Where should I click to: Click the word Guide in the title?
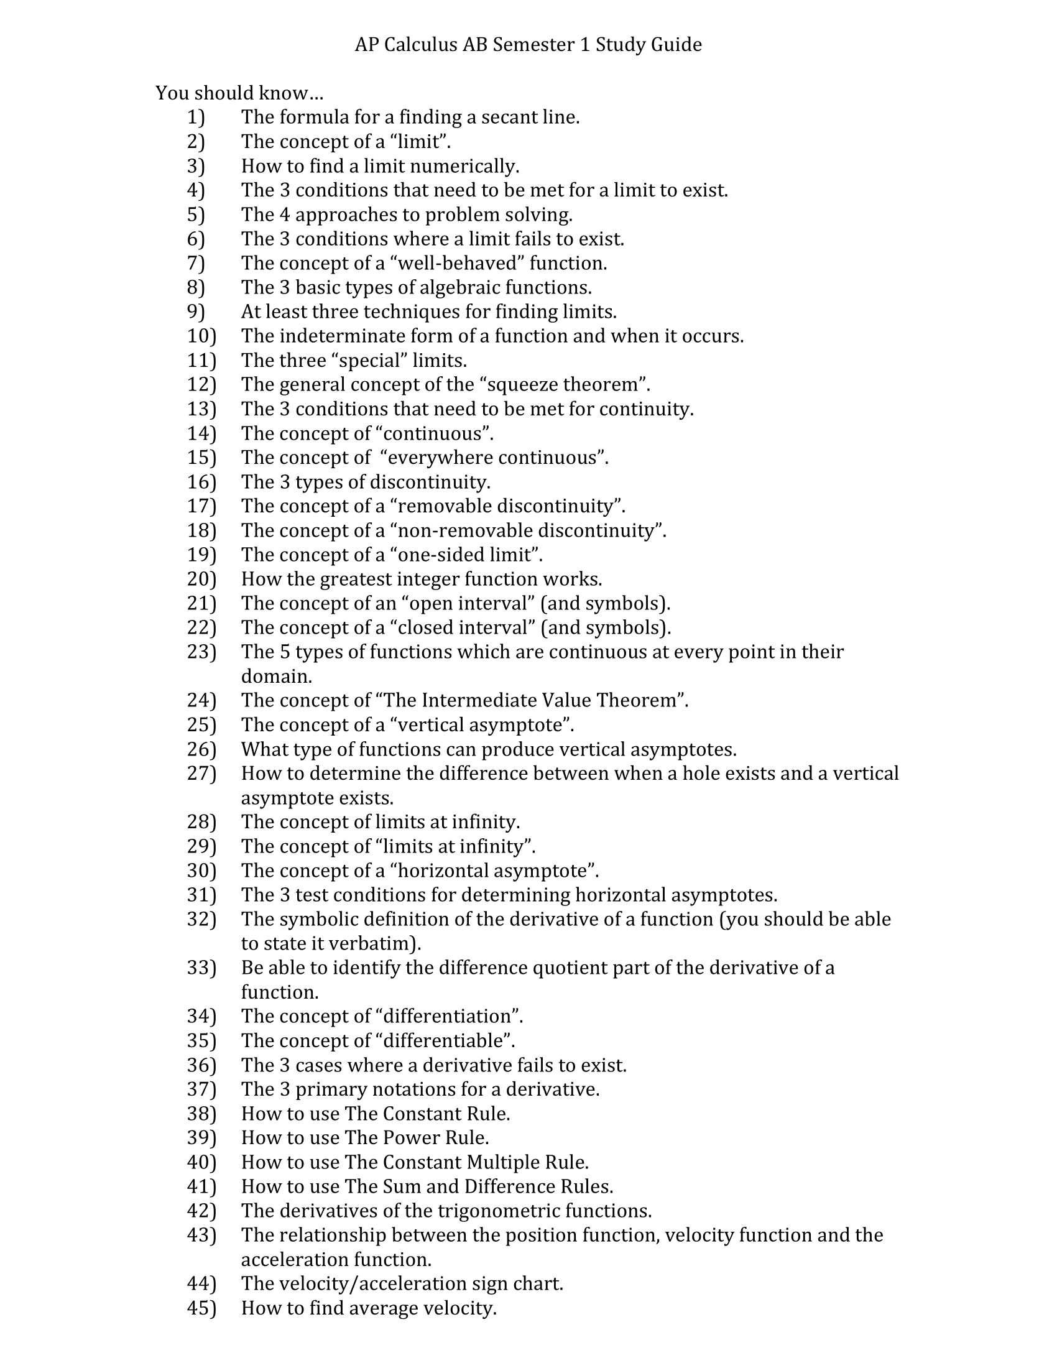pos(676,45)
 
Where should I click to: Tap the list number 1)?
pos(196,117)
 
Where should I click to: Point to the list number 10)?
pos(201,336)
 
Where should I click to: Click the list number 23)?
pos(201,652)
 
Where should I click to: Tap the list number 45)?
pos(201,1308)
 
